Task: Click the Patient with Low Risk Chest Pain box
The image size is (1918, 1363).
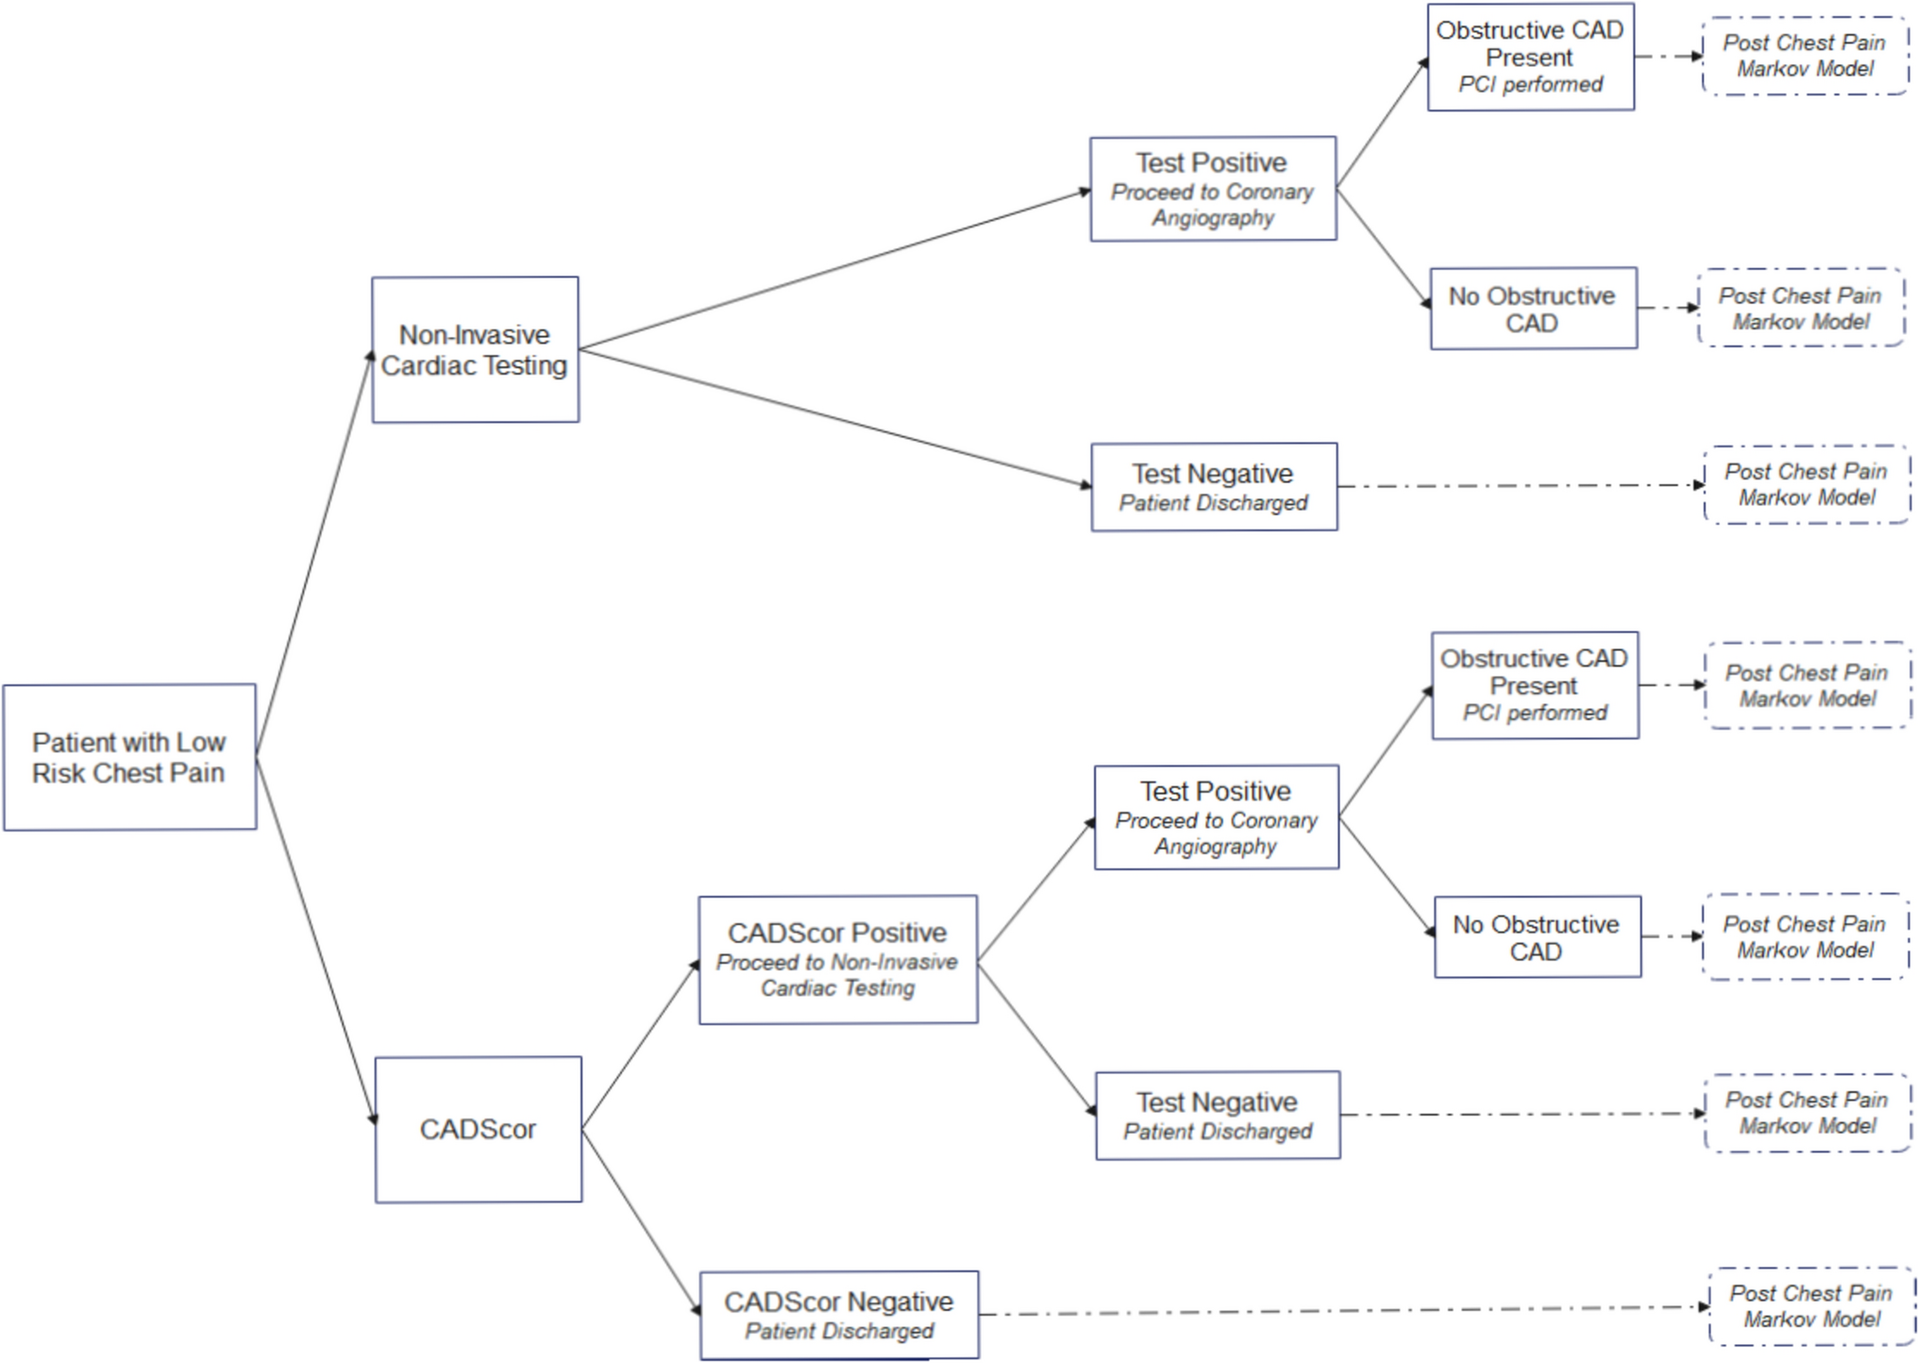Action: click(129, 757)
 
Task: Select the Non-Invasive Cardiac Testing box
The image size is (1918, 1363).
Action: click(475, 349)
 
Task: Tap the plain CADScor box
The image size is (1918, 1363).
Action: click(478, 1129)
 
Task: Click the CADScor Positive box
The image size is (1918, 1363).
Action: click(837, 959)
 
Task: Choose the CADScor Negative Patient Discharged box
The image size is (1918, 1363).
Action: click(838, 1314)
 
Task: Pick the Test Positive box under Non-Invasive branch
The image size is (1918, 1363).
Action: click(1213, 189)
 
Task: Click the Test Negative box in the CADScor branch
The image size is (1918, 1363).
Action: click(1217, 1115)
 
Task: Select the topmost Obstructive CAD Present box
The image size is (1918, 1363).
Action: click(1530, 57)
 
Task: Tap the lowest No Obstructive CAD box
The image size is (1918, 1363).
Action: click(1537, 936)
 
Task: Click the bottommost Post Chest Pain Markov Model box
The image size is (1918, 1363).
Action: click(1810, 1306)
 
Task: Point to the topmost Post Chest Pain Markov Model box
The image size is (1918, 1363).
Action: click(1804, 56)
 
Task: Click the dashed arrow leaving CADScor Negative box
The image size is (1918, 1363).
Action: click(1340, 1310)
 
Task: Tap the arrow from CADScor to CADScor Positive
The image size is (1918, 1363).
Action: click(640, 1045)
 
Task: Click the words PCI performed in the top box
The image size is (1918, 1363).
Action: click(1530, 85)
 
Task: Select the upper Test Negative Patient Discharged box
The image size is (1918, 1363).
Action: click(1214, 487)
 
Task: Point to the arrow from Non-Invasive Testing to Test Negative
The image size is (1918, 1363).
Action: click(834, 418)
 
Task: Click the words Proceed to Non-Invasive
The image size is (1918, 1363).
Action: click(836, 962)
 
